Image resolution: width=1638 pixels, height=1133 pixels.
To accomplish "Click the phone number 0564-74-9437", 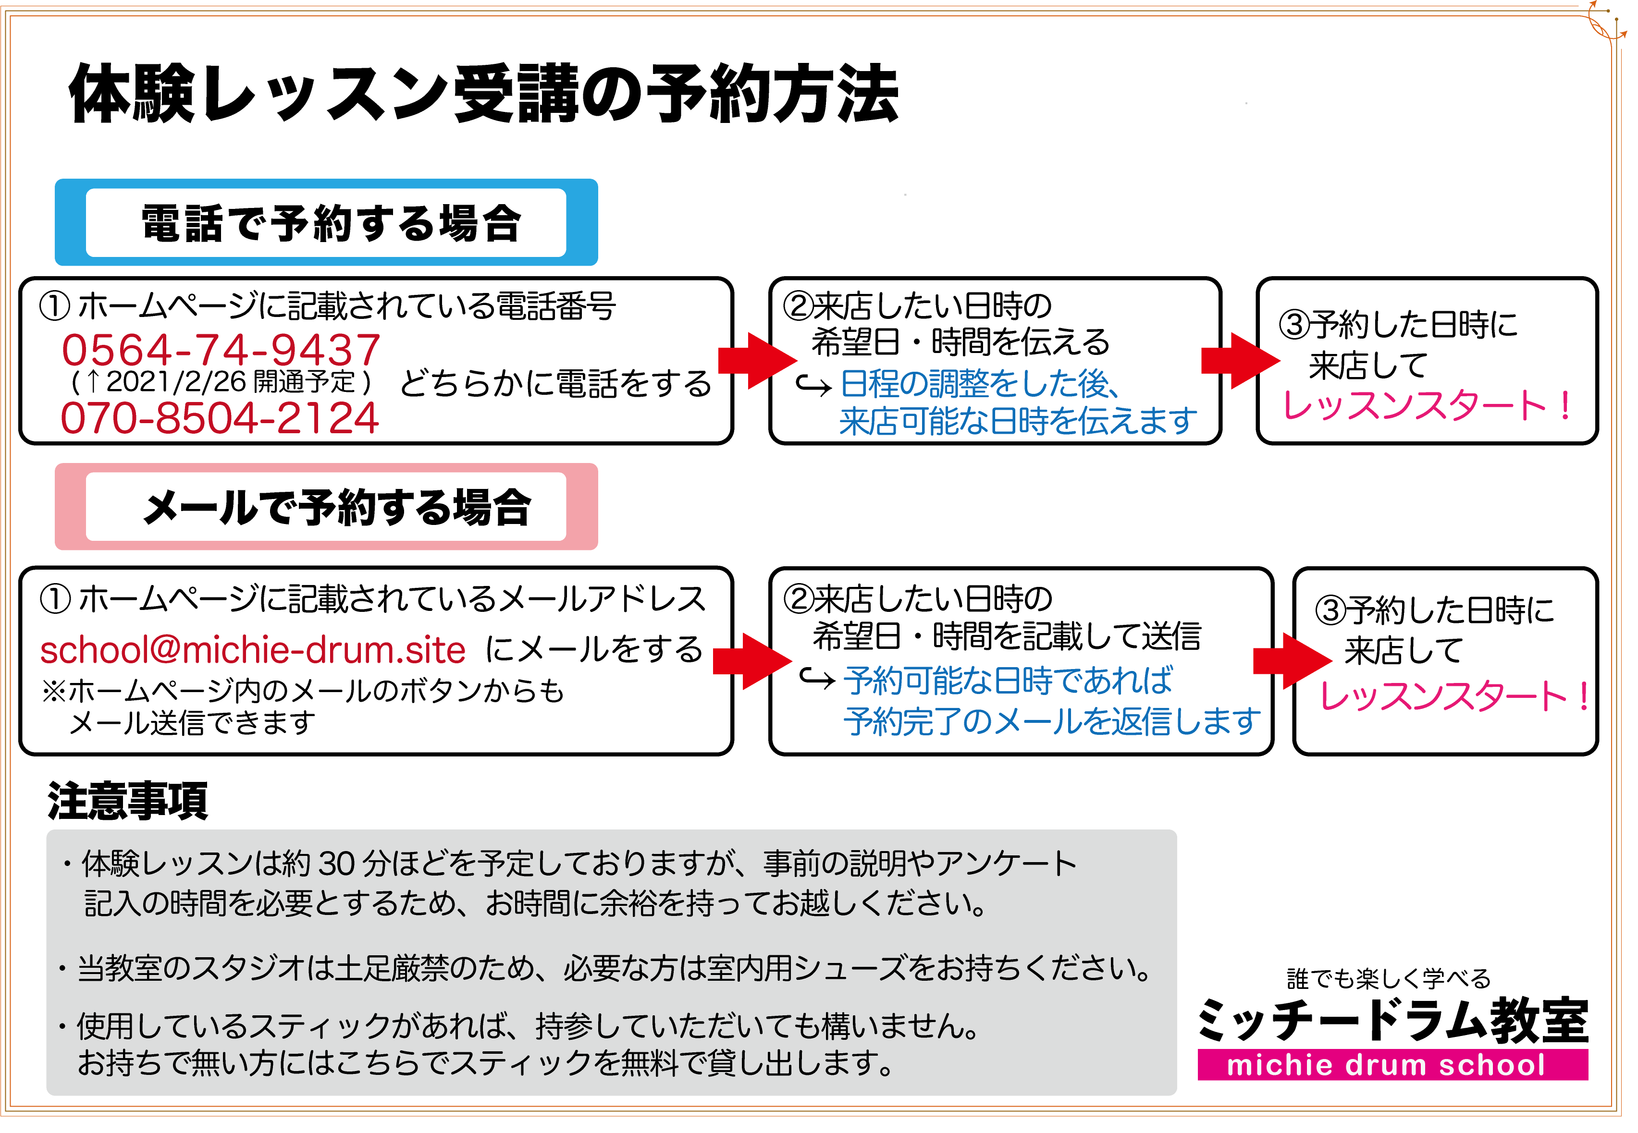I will point(221,350).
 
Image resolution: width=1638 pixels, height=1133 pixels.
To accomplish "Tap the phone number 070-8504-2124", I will point(220,418).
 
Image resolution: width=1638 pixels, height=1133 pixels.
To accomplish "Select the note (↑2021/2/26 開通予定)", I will point(221,382).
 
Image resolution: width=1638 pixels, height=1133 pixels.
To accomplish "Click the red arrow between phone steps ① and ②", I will point(755,360).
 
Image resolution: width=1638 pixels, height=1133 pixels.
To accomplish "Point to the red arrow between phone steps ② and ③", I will point(1239,360).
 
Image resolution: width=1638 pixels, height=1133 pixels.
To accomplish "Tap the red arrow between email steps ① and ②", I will point(751,661).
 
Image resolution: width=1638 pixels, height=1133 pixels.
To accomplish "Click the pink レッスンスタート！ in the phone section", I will point(1427,406).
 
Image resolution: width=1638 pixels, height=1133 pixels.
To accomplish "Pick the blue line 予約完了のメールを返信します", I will point(1051,722).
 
